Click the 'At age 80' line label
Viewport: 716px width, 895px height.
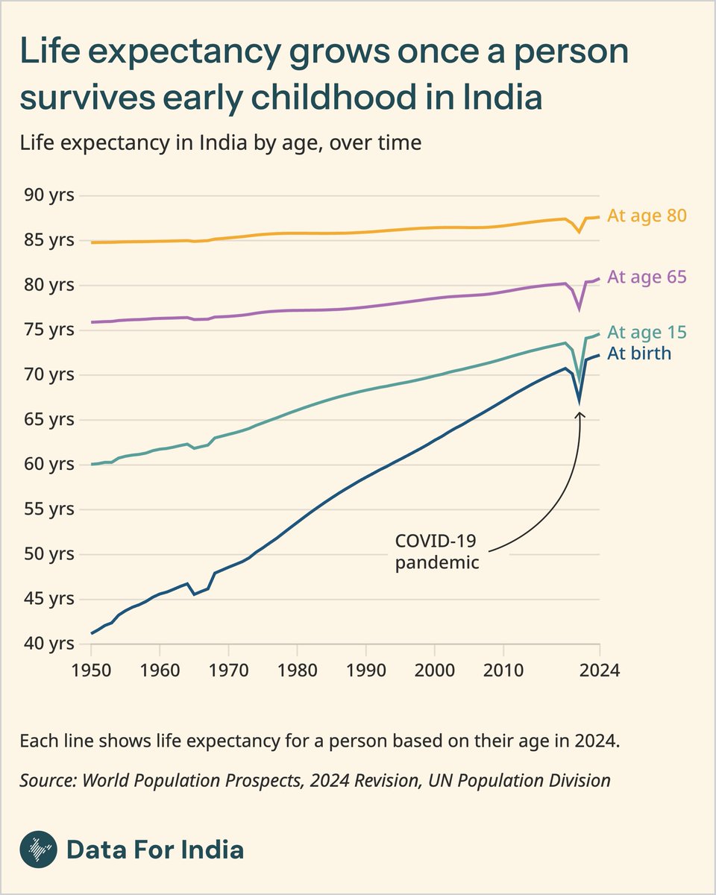(647, 216)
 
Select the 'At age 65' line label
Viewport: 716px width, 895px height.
(647, 277)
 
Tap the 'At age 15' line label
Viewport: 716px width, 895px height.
(647, 332)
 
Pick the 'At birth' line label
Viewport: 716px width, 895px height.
(639, 354)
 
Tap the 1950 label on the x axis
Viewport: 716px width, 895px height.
(91, 669)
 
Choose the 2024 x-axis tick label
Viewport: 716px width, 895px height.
(600, 669)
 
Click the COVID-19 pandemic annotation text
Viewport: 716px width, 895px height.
(436, 551)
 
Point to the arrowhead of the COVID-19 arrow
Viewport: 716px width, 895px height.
(579, 415)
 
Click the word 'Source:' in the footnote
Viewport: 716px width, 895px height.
(48, 781)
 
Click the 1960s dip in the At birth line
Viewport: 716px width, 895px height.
(194, 594)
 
